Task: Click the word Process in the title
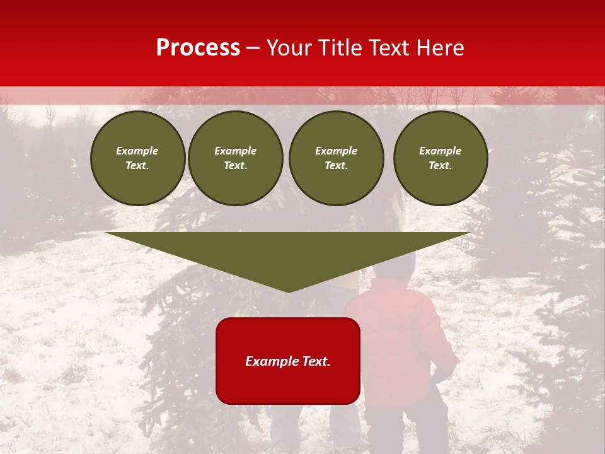point(198,48)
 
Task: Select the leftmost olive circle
point(138,158)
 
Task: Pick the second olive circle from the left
point(236,158)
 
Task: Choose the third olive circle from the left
point(337,158)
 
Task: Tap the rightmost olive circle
point(441,158)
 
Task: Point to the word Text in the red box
point(316,361)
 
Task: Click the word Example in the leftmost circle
point(137,151)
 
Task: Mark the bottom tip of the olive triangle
point(289,291)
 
